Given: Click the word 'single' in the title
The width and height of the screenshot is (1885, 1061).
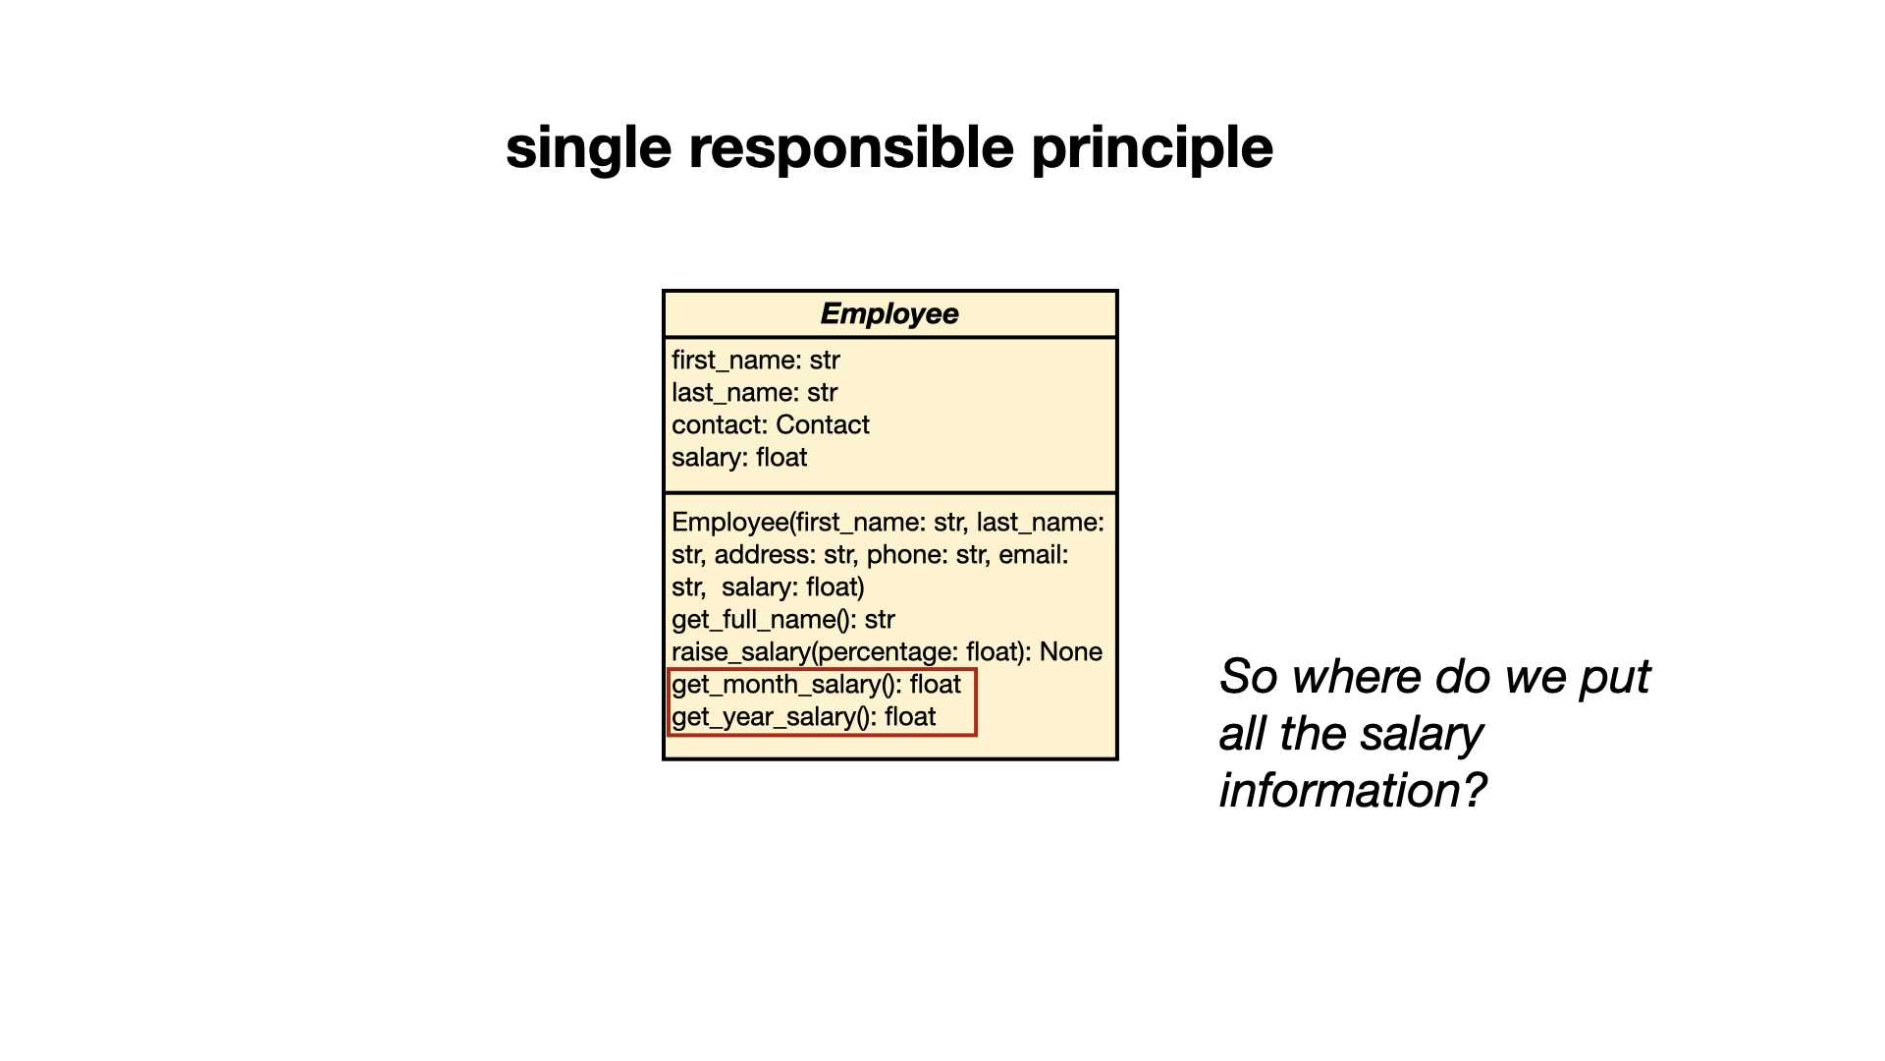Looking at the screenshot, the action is (x=589, y=149).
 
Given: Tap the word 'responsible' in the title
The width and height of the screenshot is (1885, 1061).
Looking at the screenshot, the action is (x=852, y=149).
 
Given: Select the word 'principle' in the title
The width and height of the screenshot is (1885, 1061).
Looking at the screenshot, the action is (x=1153, y=149).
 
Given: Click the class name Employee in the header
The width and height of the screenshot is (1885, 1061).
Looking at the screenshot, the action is (x=889, y=313).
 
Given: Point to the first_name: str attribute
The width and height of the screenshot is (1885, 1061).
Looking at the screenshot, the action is (x=756, y=361).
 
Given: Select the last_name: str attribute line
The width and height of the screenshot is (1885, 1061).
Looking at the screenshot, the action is (x=754, y=393).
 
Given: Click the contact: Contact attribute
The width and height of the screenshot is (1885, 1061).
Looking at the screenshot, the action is (x=771, y=425).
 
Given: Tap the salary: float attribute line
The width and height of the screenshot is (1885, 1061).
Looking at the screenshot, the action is (x=739, y=458).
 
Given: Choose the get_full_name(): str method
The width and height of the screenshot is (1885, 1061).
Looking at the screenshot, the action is (x=783, y=620).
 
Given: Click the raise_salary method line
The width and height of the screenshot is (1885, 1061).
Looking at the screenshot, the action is (x=887, y=652).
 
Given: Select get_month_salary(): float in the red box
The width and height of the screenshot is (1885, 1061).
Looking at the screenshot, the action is (x=816, y=685).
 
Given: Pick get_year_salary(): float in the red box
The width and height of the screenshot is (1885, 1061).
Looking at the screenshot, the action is (x=803, y=717).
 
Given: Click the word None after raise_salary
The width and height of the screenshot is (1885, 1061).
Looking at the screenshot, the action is (x=1071, y=652).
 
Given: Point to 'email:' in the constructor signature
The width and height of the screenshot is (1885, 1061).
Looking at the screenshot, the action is (x=1034, y=555).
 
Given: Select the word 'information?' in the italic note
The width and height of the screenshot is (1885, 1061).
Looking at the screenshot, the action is (x=1353, y=791).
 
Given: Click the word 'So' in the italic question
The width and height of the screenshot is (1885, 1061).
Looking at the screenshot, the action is (x=1248, y=677).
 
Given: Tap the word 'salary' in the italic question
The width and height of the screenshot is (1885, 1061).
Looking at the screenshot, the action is (x=1422, y=735).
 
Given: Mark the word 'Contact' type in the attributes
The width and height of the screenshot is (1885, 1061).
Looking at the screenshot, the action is (x=823, y=425).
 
